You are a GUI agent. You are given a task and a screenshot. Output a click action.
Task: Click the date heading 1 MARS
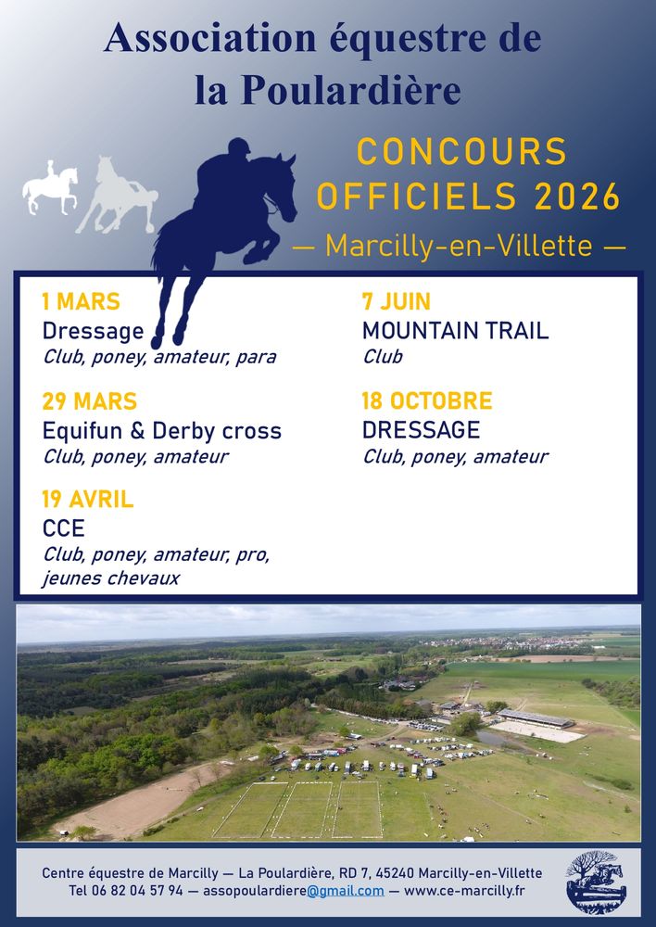point(81,301)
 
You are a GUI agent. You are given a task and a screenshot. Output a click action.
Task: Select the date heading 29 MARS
point(89,401)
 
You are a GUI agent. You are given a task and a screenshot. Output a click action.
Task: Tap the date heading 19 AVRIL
point(87,500)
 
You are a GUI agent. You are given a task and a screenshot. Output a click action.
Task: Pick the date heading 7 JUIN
point(396,301)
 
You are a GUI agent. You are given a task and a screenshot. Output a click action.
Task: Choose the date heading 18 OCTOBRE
point(427,400)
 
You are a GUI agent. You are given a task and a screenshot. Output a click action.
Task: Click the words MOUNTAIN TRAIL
point(455,331)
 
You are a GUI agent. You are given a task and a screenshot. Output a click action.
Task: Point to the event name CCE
point(63,528)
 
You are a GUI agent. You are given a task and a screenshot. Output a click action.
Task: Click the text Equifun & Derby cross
point(162,430)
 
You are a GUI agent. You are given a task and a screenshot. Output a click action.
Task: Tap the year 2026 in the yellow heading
point(577,197)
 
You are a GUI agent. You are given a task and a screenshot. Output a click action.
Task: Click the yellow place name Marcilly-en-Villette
point(459,246)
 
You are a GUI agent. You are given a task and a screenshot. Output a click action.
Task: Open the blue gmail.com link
point(345,891)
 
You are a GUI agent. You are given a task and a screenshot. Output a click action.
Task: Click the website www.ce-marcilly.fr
point(464,890)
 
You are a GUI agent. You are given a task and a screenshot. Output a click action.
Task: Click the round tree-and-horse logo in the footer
point(595,883)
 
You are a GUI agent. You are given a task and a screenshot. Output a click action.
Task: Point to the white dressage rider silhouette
point(50,188)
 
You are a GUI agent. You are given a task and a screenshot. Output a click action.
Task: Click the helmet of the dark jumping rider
point(239,146)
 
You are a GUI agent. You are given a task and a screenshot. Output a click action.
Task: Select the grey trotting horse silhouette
point(117,195)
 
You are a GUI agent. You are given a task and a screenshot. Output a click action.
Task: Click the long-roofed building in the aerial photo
point(535,718)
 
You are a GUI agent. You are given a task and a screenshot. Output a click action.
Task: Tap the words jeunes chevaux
point(110,578)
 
